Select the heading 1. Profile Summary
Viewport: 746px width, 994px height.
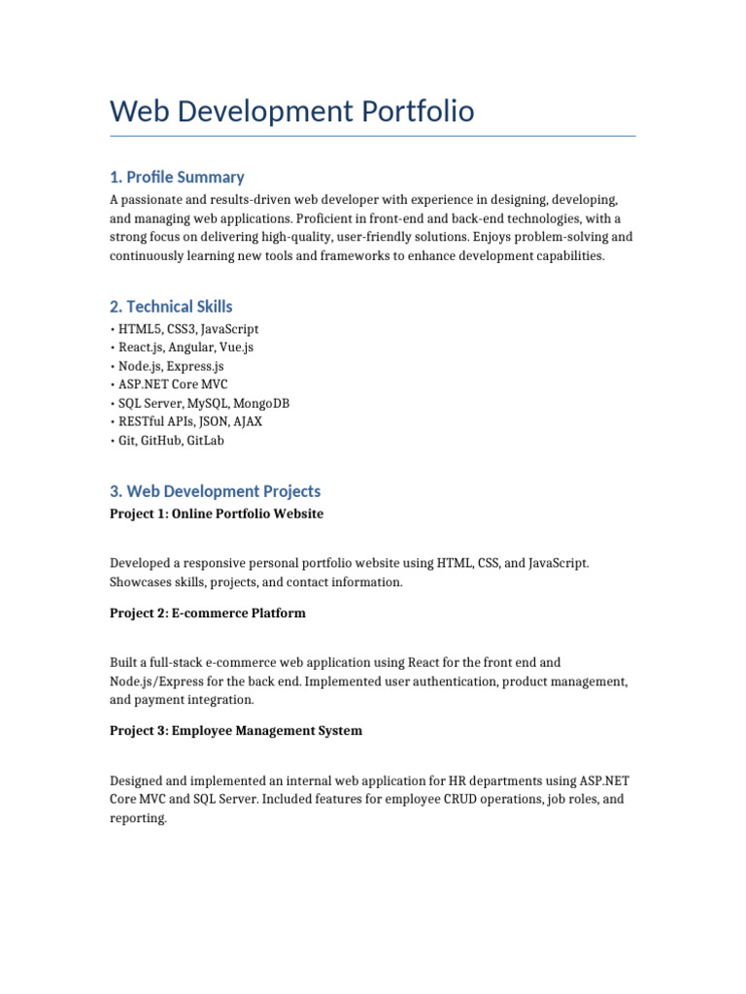coord(177,177)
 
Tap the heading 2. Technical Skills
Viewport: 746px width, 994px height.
coord(171,307)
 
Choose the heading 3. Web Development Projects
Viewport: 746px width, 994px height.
coord(215,491)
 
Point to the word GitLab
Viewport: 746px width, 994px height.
coord(205,440)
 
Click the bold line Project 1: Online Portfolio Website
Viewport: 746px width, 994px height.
coord(217,514)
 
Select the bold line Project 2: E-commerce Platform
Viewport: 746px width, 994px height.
coord(208,613)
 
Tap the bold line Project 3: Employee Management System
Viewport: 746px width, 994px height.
coord(236,731)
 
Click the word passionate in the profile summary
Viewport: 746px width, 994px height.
coord(153,199)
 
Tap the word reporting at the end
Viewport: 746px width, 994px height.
coord(139,818)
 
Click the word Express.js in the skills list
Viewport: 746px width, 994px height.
coord(194,366)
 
